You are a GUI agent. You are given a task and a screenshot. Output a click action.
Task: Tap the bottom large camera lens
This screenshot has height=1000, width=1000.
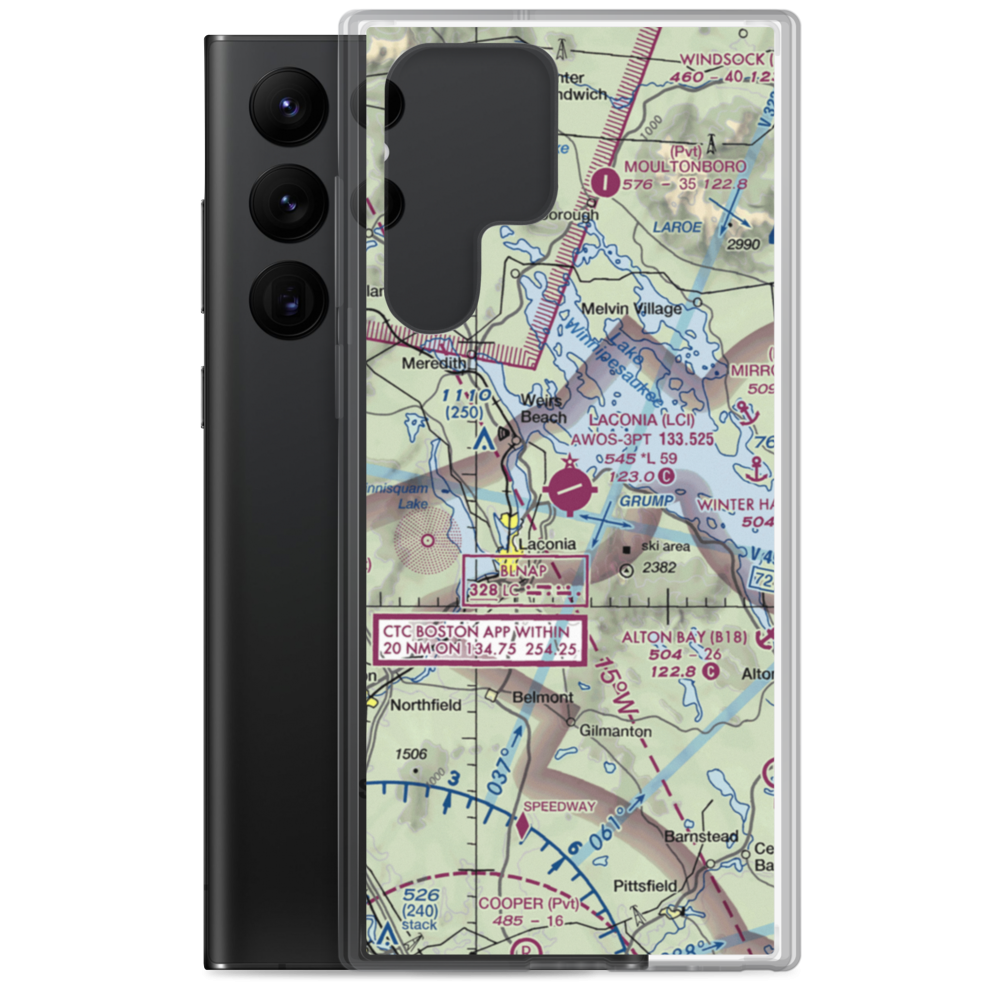tap(286, 299)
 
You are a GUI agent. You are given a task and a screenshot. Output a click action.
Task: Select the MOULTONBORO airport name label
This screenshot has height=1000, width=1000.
tap(685, 165)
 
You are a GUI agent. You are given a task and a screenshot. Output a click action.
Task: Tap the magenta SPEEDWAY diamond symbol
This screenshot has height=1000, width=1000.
tap(522, 824)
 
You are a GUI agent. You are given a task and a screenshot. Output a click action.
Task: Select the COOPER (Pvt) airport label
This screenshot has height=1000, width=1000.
tap(528, 903)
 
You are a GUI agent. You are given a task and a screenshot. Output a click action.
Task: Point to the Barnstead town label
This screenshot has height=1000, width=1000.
tap(703, 836)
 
